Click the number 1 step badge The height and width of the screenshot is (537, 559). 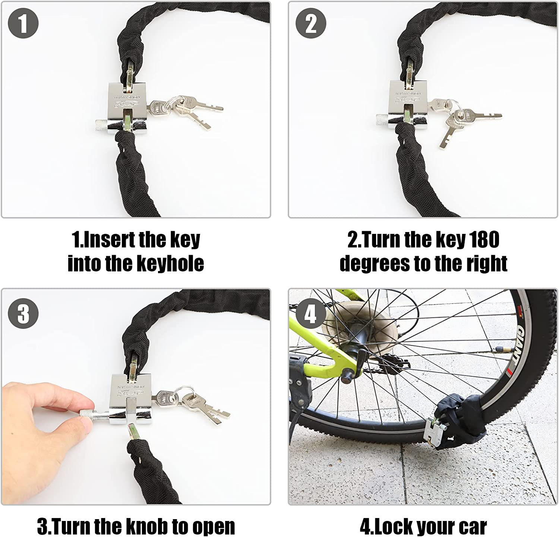point(23,23)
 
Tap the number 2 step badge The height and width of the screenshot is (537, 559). point(311,23)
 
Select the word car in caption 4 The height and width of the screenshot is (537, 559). point(473,526)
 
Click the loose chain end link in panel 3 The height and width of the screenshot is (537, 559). point(133,432)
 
